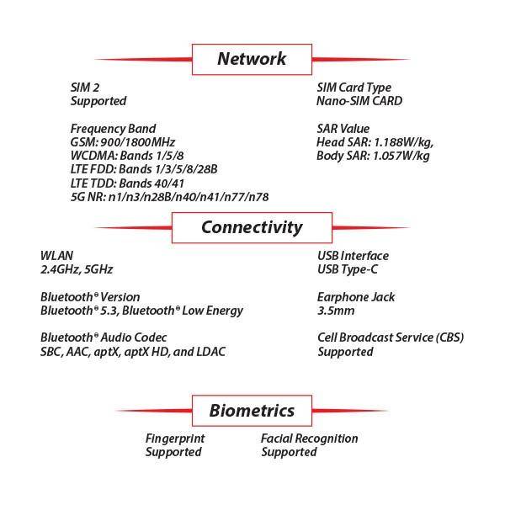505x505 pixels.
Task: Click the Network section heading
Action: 251,59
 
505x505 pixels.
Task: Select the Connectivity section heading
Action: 251,227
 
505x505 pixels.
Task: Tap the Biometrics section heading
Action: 252,411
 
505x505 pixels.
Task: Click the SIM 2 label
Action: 86,88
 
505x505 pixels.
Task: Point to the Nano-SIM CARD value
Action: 359,101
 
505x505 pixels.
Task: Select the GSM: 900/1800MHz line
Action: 123,142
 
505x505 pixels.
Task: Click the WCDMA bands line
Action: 127,156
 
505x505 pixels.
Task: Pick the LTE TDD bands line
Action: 127,183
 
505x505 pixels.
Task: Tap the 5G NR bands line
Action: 169,196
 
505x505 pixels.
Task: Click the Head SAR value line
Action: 374,142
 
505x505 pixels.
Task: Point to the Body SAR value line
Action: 374,156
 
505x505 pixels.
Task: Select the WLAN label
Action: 56,256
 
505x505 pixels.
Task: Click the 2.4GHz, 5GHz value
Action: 77,269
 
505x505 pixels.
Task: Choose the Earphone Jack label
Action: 356,297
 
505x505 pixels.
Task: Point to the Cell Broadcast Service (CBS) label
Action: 391,338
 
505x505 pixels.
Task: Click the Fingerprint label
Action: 175,439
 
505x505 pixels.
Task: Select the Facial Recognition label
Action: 309,439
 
